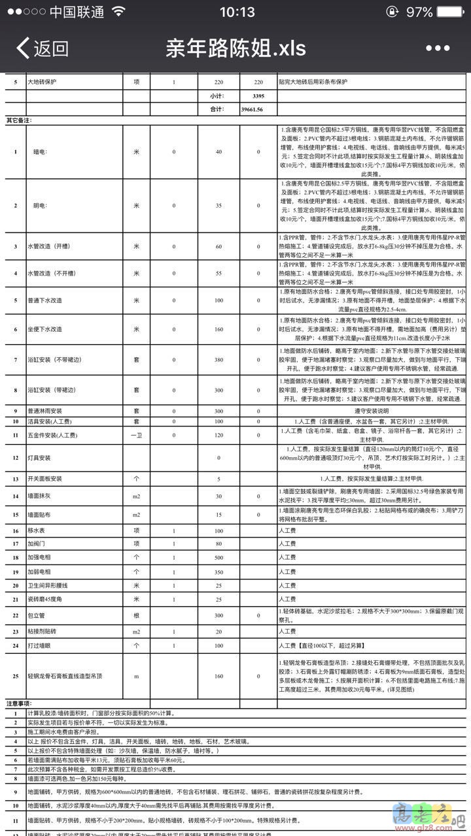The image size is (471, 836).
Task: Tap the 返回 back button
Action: [43, 48]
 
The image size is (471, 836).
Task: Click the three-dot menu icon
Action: [438, 48]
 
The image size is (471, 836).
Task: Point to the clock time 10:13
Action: [237, 12]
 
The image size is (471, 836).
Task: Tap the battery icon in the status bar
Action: [451, 12]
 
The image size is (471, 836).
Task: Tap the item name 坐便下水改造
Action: [45, 329]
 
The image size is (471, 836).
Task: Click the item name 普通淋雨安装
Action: [44, 411]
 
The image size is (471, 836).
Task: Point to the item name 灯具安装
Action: [39, 457]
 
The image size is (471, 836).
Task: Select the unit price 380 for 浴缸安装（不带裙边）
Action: [218, 360]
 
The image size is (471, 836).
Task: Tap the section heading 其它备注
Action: [19, 120]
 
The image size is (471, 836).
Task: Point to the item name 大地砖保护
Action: [41, 82]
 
